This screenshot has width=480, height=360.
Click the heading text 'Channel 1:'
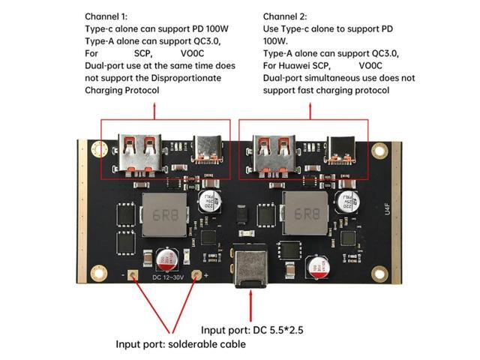[106, 16]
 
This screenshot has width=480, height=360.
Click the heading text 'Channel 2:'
[285, 16]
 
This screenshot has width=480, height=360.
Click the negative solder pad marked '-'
[133, 275]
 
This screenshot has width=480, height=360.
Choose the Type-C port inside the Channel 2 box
[341, 150]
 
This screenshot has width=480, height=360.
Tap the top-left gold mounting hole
[98, 150]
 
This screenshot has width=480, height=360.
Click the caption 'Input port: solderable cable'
[180, 344]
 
